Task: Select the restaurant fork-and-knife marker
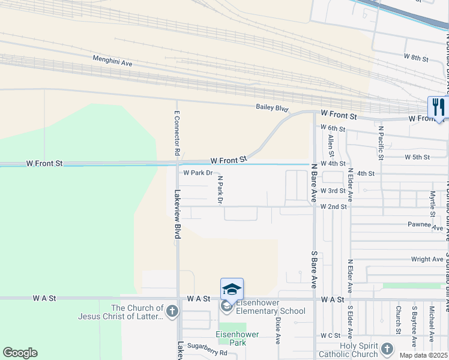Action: click(438, 108)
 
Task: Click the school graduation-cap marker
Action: click(232, 289)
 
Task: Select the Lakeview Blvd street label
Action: click(177, 215)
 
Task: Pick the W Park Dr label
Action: click(198, 173)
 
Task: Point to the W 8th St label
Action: click(416, 58)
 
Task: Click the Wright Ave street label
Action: click(427, 259)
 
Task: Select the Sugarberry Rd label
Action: click(206, 353)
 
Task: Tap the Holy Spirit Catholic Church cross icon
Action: click(387, 349)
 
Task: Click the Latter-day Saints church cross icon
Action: click(172, 311)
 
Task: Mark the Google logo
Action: click(20, 353)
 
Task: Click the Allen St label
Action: click(331, 145)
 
